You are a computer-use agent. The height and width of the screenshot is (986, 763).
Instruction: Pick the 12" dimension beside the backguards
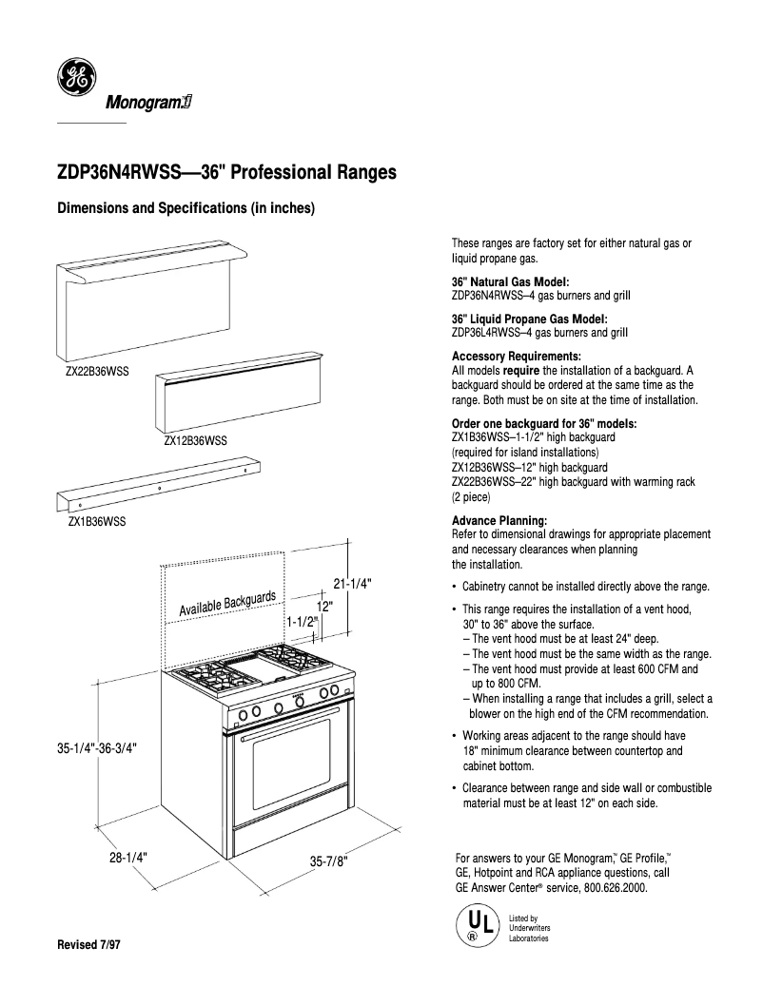pyautogui.click(x=323, y=606)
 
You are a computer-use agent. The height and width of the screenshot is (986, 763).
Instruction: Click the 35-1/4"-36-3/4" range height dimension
pyautogui.click(x=98, y=748)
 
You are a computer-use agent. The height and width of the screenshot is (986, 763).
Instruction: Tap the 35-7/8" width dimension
pyautogui.click(x=329, y=860)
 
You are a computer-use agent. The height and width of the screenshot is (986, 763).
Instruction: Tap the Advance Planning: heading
pyautogui.click(x=499, y=521)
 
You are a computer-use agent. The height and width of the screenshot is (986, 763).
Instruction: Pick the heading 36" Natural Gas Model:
pyautogui.click(x=510, y=282)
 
